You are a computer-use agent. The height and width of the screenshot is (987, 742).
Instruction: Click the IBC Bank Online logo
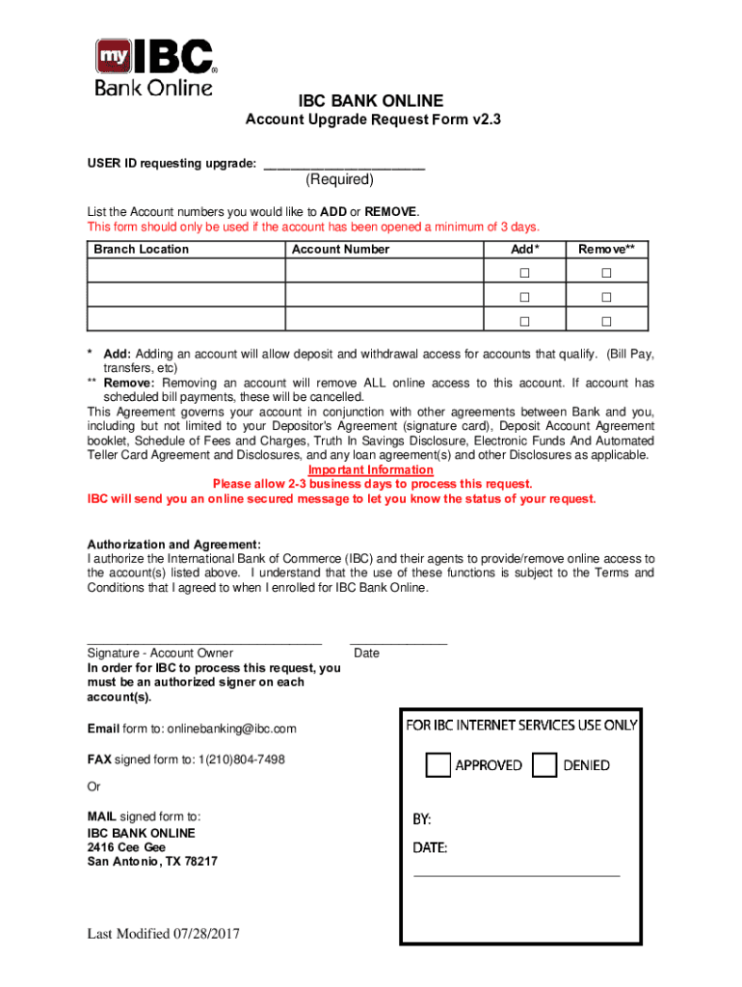coord(155,67)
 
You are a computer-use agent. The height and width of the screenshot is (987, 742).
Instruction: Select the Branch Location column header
coord(141,250)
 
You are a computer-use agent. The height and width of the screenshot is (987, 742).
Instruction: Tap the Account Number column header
coord(340,250)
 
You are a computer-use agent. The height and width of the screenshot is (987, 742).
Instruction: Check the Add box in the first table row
coord(525,273)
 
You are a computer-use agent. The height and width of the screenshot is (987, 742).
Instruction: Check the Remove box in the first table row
coord(606,273)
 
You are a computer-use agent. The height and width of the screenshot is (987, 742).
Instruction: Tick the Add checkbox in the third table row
coord(525,321)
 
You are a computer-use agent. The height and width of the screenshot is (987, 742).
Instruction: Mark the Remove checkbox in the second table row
coord(606,297)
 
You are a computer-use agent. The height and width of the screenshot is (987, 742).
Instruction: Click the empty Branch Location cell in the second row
coord(186,296)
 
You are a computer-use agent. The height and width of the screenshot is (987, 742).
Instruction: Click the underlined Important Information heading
coord(371,470)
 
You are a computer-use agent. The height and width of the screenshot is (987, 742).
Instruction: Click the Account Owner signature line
coord(204,641)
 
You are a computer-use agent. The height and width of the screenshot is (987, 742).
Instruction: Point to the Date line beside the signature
coord(398,641)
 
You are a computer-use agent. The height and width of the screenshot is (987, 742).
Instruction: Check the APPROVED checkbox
coord(438,765)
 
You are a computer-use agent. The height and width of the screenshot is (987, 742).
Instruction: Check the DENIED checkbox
coord(544,765)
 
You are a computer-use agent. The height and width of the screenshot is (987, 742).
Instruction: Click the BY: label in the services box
coord(422,819)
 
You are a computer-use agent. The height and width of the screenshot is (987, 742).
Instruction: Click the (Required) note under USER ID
coord(340,180)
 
